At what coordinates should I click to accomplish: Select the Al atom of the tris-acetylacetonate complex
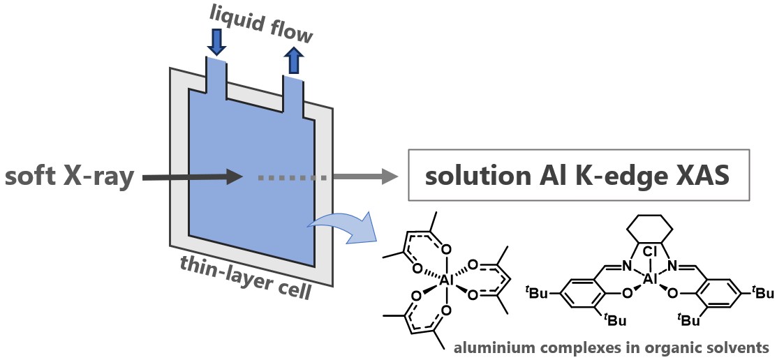444,279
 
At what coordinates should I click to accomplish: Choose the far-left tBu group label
535,293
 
